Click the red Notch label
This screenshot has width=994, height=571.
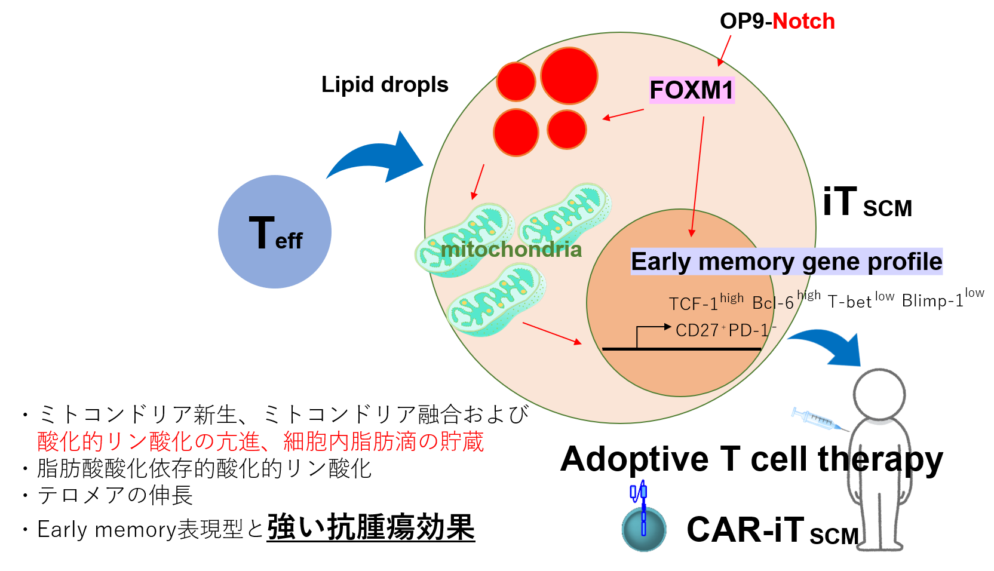click(x=803, y=22)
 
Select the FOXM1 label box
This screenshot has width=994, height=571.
click(x=691, y=90)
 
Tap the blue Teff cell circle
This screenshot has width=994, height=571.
click(x=275, y=232)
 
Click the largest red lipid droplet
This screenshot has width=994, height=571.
click(x=569, y=76)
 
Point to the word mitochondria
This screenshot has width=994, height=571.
click(x=511, y=249)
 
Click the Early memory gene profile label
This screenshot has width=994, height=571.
click(x=786, y=262)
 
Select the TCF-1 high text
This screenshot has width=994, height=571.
click(x=706, y=303)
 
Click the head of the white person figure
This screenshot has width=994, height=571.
click(x=879, y=394)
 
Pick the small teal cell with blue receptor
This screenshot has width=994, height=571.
click(x=644, y=528)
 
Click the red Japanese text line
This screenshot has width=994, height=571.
click(x=260, y=442)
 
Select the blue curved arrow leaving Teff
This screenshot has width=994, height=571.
click(x=376, y=158)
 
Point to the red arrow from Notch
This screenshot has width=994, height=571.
click(x=725, y=50)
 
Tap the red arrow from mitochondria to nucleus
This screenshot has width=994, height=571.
click(x=551, y=333)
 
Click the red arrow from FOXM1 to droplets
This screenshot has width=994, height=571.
click(x=623, y=114)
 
